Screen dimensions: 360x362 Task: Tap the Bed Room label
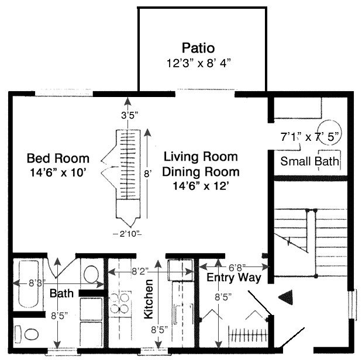(58, 158)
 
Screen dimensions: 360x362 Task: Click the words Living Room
(201, 157)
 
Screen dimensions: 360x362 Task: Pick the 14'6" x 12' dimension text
(201, 186)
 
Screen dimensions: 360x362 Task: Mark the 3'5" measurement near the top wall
(128, 115)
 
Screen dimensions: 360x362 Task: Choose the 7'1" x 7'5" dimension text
(309, 138)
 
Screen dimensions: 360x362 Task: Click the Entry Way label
(233, 278)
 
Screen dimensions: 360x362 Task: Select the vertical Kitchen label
(149, 298)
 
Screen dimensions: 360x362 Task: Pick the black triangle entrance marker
(285, 298)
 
